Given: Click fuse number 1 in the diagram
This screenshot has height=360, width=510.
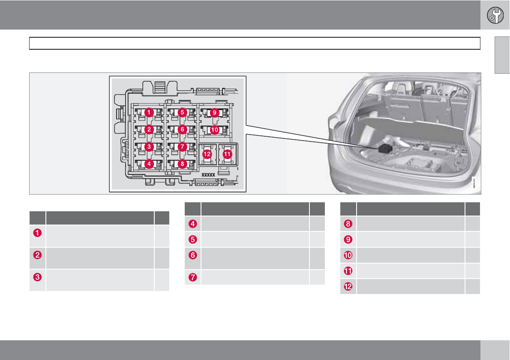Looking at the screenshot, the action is click(x=148, y=112).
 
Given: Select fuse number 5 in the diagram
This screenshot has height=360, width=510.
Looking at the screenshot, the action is click(x=182, y=112).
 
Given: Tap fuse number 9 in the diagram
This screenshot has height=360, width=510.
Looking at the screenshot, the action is click(x=214, y=112).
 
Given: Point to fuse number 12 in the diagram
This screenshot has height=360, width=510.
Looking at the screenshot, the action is click(x=207, y=153).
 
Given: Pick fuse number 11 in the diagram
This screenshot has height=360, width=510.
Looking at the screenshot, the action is click(x=227, y=153).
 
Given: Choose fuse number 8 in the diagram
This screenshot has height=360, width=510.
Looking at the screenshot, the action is click(x=182, y=163).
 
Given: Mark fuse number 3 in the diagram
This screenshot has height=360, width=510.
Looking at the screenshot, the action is click(x=148, y=147).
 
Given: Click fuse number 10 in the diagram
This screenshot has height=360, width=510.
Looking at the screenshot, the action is click(x=214, y=129).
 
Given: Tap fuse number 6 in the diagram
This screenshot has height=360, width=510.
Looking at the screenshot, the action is click(x=182, y=129).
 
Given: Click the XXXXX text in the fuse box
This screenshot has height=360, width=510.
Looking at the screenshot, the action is click(x=208, y=175).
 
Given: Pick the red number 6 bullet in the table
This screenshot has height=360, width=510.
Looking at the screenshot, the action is click(x=193, y=255).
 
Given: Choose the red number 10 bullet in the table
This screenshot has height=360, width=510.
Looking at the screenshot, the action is click(x=348, y=255).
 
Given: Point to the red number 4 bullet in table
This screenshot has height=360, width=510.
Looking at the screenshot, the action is click(x=193, y=224).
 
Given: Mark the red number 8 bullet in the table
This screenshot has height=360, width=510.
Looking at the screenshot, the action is click(x=348, y=224).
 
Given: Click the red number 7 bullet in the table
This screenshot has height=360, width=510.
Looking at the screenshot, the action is click(x=193, y=277).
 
